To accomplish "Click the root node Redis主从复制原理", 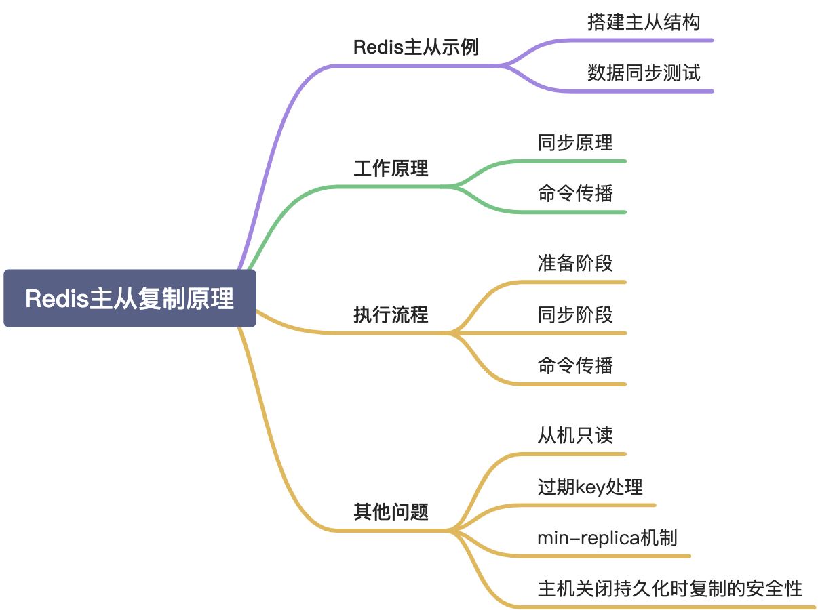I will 130,299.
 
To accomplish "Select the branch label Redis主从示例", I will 416,47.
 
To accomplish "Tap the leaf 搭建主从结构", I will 643,22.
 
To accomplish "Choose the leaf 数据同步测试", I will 643,73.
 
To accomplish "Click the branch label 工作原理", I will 391,168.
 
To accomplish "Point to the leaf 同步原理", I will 574,143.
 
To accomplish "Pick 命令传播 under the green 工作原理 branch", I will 574,194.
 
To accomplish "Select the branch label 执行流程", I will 391,314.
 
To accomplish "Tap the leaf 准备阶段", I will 574,264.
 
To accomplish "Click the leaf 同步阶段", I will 574,314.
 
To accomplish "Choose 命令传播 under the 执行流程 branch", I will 574,366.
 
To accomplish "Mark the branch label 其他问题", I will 391,512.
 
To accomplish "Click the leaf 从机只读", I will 574,435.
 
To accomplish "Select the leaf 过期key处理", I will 589,487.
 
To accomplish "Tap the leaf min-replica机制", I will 606,538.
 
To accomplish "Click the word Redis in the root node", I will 58,299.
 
